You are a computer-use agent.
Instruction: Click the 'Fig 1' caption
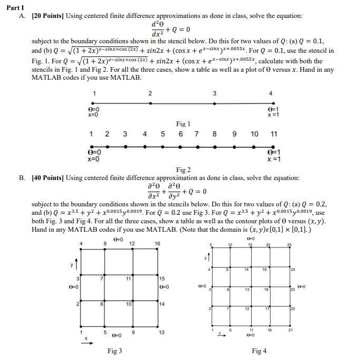[x=183, y=124]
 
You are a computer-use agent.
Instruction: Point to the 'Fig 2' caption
[x=183, y=169]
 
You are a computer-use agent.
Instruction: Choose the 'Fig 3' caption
[x=114, y=350]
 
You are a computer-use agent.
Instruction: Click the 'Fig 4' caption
[x=259, y=350]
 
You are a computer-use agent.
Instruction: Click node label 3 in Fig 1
[x=214, y=93]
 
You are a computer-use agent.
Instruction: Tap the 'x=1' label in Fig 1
[x=273, y=115]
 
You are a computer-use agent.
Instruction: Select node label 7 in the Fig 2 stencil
[x=196, y=134]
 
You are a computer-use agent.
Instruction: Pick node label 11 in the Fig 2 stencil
[x=274, y=134]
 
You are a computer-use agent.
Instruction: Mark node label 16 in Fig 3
[x=157, y=243]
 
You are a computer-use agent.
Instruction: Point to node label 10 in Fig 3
[x=128, y=305]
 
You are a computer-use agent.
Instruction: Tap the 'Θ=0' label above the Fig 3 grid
[x=118, y=240]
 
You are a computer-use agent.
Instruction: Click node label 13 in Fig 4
[x=247, y=289]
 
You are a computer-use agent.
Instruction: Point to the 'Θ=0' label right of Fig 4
[x=301, y=287]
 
